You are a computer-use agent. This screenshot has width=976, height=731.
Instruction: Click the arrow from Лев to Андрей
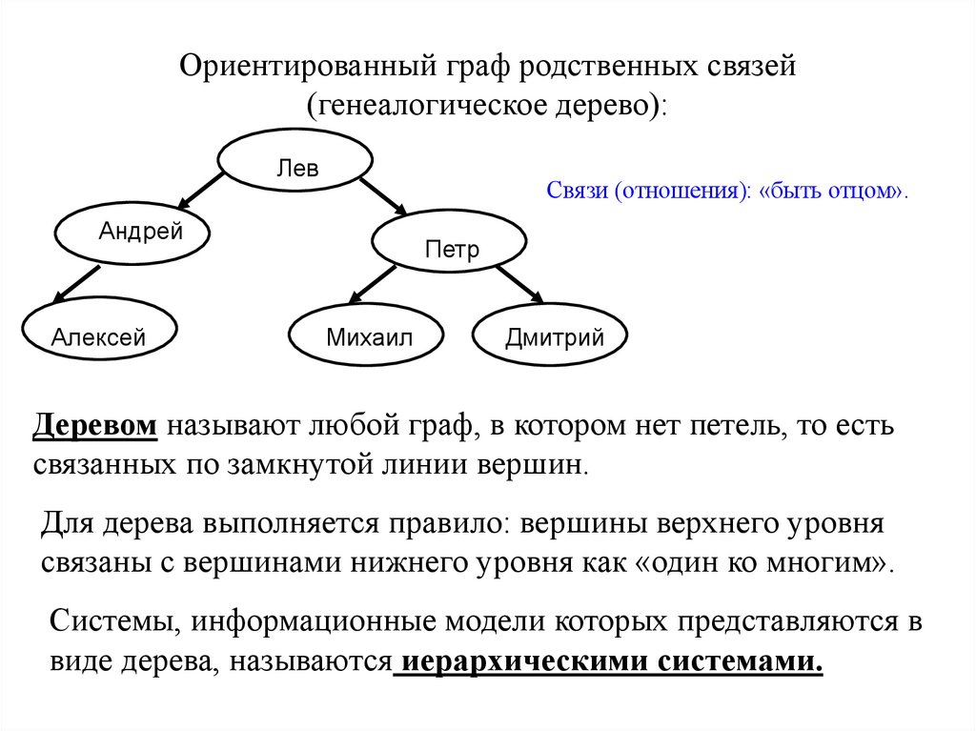[201, 191]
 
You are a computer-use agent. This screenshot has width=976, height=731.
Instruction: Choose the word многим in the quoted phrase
[828, 560]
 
